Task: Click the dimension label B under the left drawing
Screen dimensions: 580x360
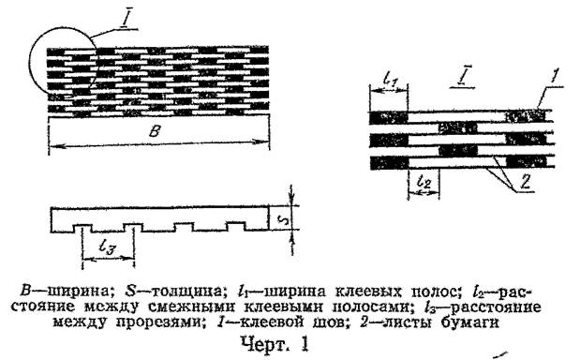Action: [156, 132]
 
